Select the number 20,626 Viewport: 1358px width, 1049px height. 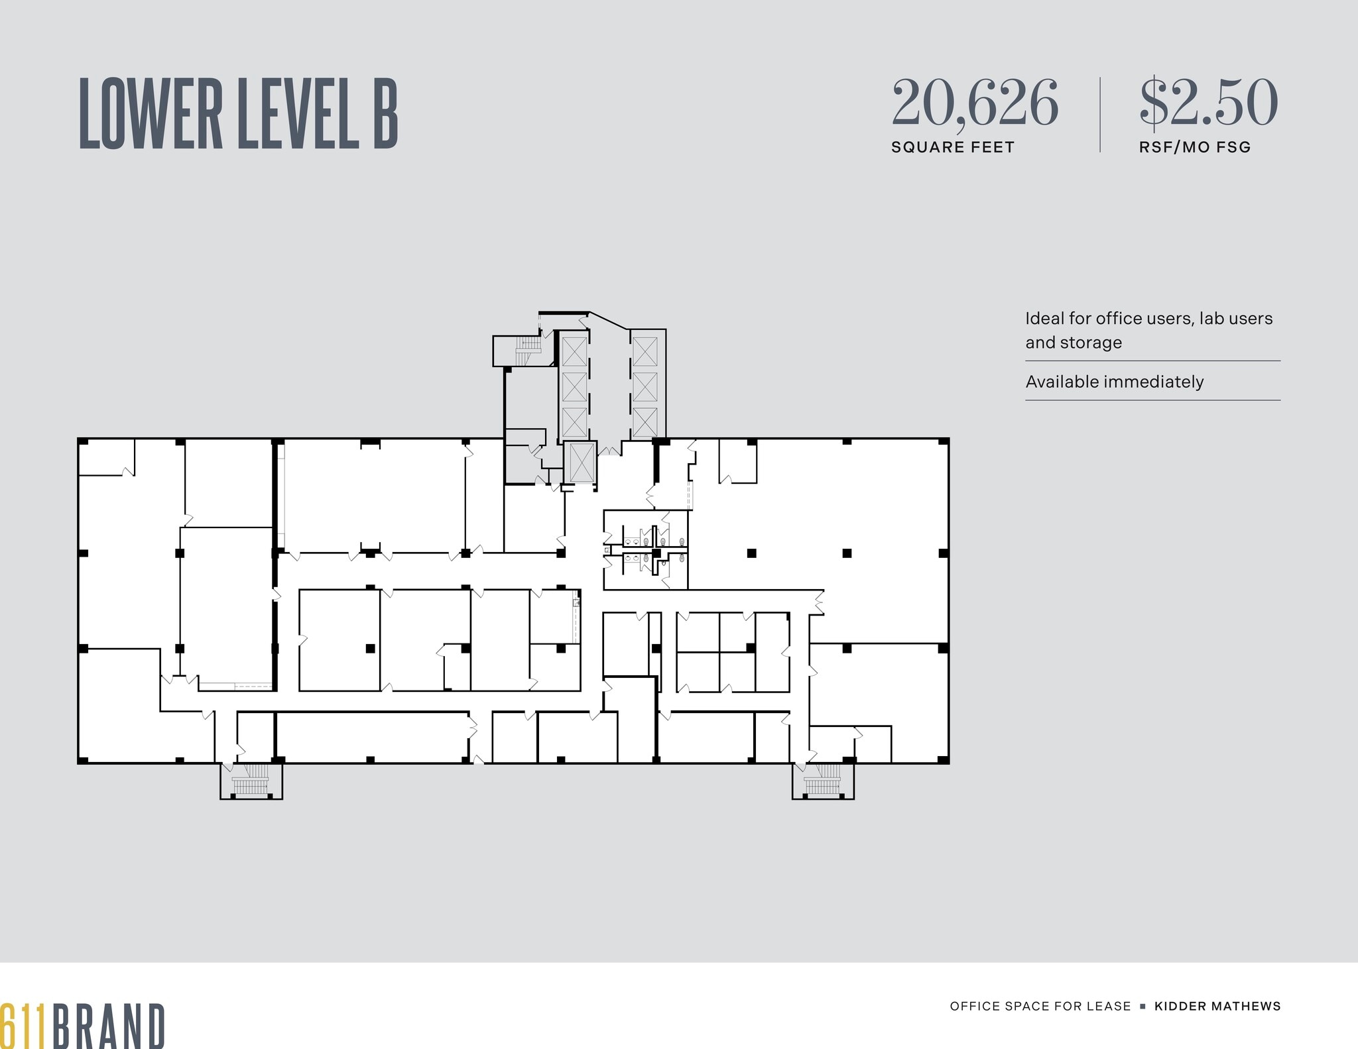tap(975, 103)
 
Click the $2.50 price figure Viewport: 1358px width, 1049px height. tap(1208, 103)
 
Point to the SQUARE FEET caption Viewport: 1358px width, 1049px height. tap(952, 147)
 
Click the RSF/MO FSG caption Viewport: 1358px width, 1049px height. tap(1195, 147)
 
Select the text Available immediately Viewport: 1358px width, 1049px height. tap(1114, 382)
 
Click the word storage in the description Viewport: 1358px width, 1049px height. tap(1091, 343)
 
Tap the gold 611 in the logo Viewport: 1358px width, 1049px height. tap(23, 1026)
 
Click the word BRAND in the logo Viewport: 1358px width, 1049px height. tap(109, 1026)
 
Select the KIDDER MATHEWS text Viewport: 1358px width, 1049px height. tap(1217, 1006)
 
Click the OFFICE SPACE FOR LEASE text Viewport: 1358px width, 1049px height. tap(1040, 1006)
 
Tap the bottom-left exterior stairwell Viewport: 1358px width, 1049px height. tap(251, 781)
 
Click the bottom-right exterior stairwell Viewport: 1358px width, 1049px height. tap(823, 781)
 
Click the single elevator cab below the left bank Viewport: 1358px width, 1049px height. tap(581, 463)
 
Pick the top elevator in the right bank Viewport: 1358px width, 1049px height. tap(645, 351)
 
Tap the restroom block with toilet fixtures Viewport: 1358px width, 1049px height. tap(645, 550)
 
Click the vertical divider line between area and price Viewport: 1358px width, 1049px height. tap(1100, 115)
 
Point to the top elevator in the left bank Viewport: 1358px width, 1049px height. tap(574, 351)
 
